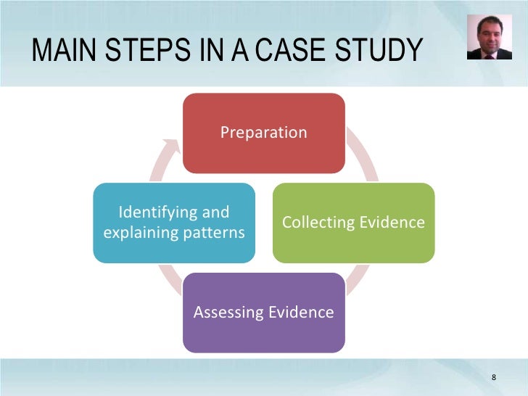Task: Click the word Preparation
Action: pos(263,133)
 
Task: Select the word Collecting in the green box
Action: pos(316,223)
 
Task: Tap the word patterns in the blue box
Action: pos(217,233)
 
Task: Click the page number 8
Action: pos(494,377)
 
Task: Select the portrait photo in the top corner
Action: pos(489,37)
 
